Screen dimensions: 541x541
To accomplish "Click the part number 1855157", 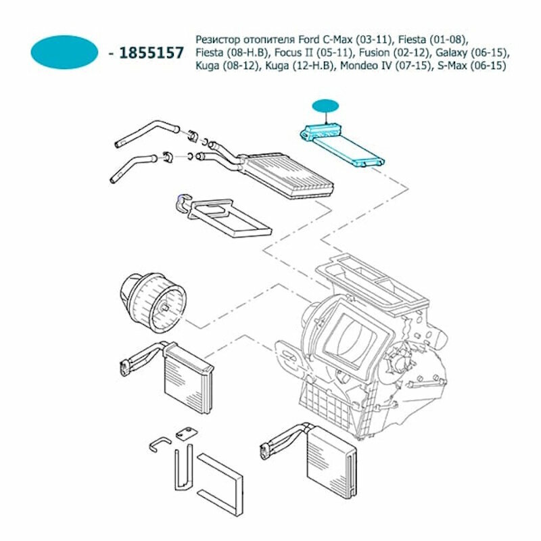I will pyautogui.click(x=151, y=53).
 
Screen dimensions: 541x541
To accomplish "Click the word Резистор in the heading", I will pyautogui.click(x=216, y=39).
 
